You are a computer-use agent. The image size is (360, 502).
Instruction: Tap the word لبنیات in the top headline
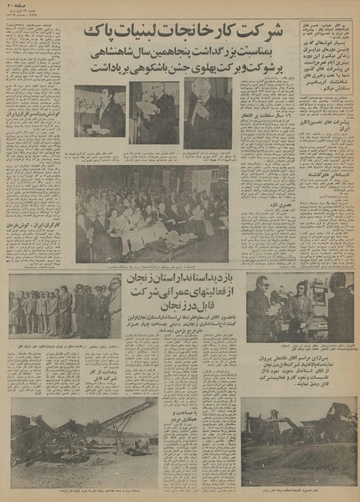(x=139, y=34)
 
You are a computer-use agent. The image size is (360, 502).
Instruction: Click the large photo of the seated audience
(x=152, y=213)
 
